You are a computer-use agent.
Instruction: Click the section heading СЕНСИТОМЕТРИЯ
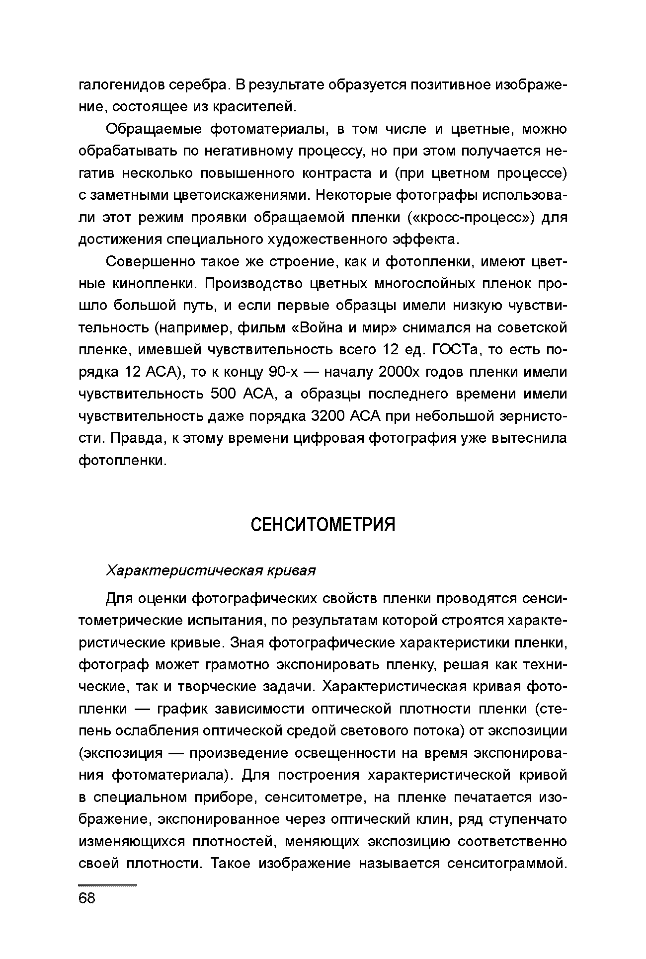[323, 525]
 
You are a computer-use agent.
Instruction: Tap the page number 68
[87, 898]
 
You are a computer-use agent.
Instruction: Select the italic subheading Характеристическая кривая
[211, 570]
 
